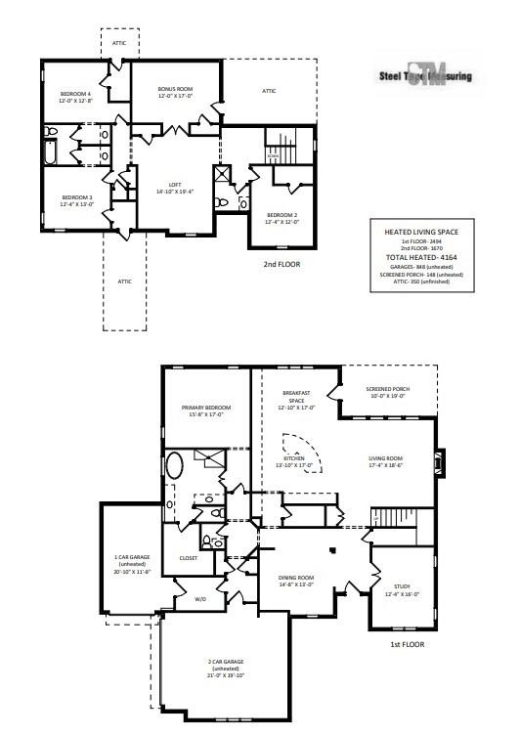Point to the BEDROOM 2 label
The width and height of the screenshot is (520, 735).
pyautogui.click(x=281, y=216)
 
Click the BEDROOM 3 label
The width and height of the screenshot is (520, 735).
pyautogui.click(x=63, y=199)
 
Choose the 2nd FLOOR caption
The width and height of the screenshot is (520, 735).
pyautogui.click(x=281, y=264)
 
